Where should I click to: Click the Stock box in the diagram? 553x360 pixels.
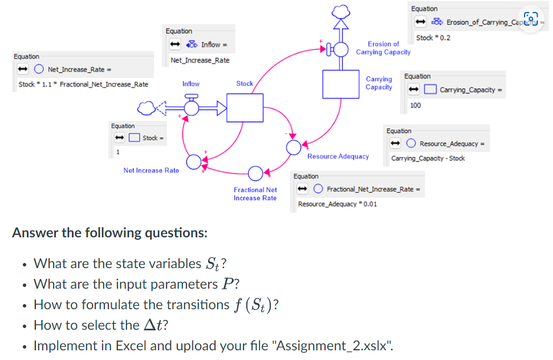click(x=245, y=108)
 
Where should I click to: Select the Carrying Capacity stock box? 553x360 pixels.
click(x=340, y=84)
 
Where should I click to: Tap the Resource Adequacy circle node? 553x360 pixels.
click(x=293, y=147)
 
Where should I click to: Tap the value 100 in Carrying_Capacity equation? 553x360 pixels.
click(x=416, y=106)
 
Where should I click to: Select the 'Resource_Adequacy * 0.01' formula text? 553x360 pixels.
click(x=337, y=204)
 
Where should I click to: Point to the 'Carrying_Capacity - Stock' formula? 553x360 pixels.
click(x=428, y=158)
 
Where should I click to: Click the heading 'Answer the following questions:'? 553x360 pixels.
click(x=109, y=233)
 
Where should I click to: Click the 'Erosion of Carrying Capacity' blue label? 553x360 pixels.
click(x=383, y=48)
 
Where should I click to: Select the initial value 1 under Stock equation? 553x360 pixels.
click(x=118, y=152)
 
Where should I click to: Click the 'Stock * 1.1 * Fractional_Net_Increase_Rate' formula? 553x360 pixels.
click(x=83, y=84)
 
